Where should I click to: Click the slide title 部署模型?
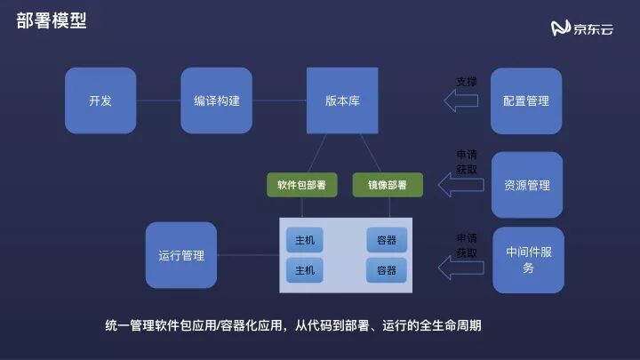51,21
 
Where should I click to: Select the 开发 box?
100,100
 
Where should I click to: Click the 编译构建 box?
216,100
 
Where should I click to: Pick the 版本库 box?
341,100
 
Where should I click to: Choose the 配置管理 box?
526,100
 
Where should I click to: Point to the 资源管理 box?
526,185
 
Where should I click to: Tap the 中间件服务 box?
528,260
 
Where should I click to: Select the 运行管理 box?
180,255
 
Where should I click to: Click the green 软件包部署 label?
300,185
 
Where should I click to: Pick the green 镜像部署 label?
388,185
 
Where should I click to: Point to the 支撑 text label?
467,81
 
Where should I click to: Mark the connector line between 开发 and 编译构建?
158,100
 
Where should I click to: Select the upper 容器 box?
386,240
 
